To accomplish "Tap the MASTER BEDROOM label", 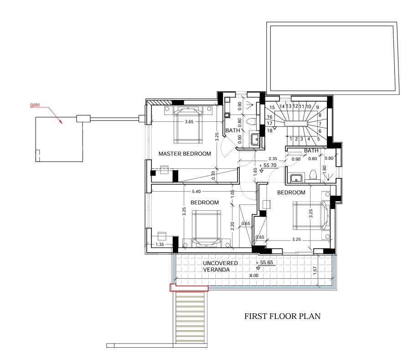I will (185, 154).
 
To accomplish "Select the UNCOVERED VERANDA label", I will (220, 266).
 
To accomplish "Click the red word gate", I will (35, 105).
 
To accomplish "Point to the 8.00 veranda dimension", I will (254, 276).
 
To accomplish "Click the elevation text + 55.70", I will (268, 165).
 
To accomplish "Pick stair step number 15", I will (272, 107).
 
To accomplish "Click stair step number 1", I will (291, 139).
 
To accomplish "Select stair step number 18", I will (269, 131).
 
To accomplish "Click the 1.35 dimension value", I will (160, 245).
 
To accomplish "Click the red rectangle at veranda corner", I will (189, 288).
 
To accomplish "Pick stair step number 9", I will (317, 107).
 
